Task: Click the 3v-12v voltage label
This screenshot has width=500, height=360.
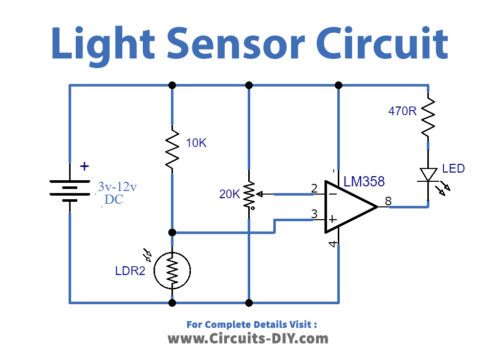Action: (x=119, y=186)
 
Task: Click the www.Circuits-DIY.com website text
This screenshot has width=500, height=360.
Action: (x=250, y=339)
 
